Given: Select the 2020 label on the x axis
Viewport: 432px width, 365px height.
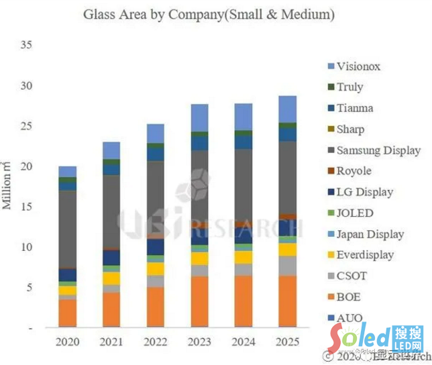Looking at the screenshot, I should coord(67,341).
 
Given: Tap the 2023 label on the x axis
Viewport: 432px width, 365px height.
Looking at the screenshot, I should coord(199,341).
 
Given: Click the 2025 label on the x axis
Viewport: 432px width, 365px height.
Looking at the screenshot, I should coord(287,341).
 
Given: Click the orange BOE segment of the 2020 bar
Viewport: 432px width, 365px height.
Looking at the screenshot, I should coord(68,313).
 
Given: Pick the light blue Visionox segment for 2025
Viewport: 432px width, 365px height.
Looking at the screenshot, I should coord(287,109).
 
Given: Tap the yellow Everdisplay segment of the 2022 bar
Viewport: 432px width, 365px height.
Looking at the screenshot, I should coord(156,268).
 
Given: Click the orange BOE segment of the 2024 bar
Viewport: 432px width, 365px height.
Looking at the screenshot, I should coord(244,301).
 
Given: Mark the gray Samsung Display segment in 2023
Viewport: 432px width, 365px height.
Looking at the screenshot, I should coord(199,188).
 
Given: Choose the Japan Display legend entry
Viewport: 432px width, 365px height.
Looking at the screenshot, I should coord(370,234).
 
